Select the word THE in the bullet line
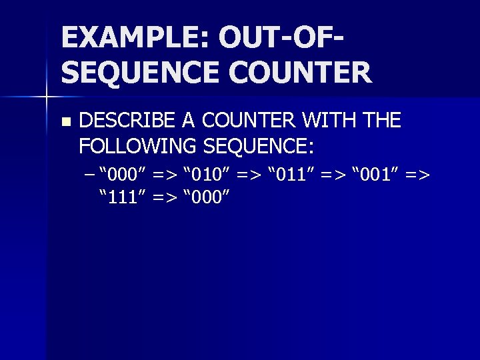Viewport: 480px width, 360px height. click(381, 121)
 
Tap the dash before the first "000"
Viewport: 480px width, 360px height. click(90, 175)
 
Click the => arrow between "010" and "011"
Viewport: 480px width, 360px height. click(249, 175)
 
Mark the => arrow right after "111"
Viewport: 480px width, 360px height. click(165, 197)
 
